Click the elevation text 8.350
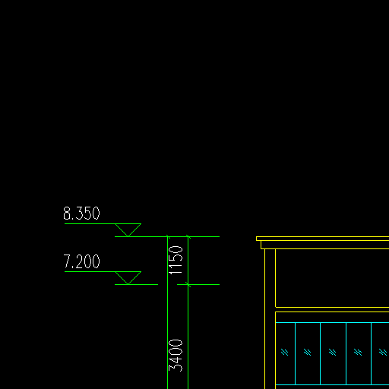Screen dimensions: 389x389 tap(81, 213)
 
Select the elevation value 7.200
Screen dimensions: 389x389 tap(81, 261)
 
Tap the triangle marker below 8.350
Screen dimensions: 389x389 tap(128, 230)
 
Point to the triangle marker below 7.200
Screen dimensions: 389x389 tap(128, 278)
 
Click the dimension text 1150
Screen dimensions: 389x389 tap(176, 260)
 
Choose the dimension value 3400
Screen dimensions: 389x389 tap(176, 356)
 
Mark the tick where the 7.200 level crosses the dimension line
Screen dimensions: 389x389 tap(188, 284)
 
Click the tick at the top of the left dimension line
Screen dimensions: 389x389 tap(168, 236)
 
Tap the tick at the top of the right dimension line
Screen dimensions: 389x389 tap(188, 236)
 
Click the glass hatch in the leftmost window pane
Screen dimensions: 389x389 tap(285, 352)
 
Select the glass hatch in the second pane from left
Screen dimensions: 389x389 tap(308, 352)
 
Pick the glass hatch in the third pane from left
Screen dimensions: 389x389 tap(333, 352)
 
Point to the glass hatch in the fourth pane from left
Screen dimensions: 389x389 tap(358, 352)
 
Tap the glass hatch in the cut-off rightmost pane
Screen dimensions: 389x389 tap(383, 352)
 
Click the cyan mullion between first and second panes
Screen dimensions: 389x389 tap(296, 353)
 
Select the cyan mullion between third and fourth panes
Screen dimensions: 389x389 tap(346, 353)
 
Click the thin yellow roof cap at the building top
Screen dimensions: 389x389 tap(323, 239)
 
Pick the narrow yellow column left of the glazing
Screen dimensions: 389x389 tap(270, 319)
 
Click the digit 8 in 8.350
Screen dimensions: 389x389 tap(66, 213)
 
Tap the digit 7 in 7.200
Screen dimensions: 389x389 tap(67, 261)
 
